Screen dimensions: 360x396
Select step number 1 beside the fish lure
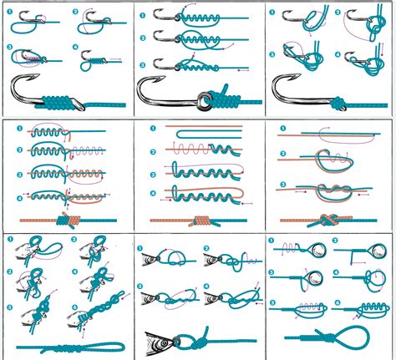pyautogui.click(x=142, y=250)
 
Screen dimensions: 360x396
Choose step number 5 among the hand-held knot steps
pyautogui.click(x=10, y=306)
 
